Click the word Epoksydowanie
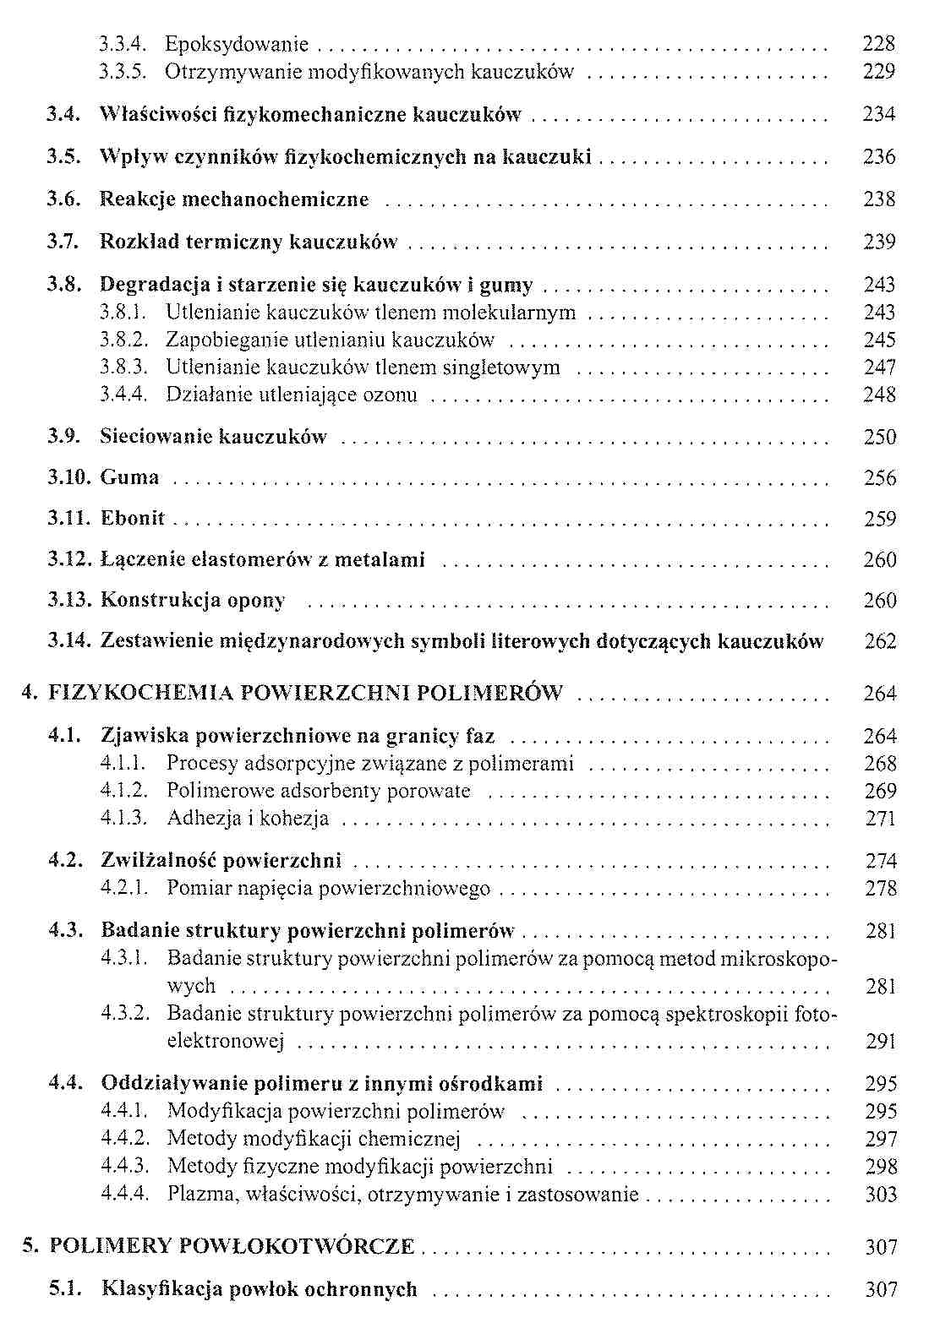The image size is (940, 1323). coord(237,44)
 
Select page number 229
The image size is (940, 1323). coord(878,72)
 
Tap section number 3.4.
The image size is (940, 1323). coord(63,114)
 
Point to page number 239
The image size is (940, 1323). coord(879,242)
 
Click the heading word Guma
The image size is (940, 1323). coord(129,477)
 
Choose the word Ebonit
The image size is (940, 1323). coord(133,518)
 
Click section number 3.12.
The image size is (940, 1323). coord(68,559)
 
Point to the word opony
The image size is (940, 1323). coord(256,601)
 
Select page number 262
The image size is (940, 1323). coord(880,641)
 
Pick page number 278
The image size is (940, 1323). coord(880,889)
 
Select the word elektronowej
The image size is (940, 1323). coord(225,1042)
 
